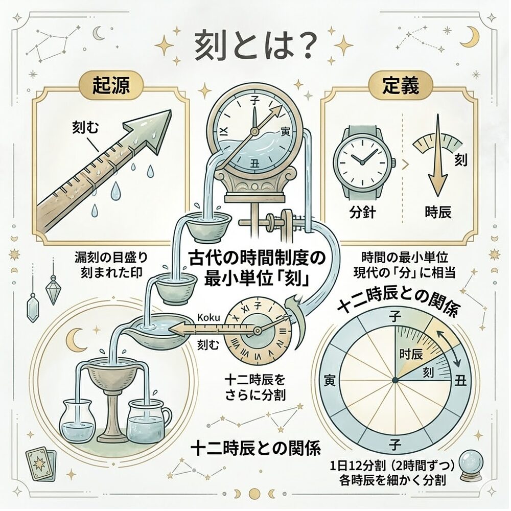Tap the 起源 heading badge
[111, 85]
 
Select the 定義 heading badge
[401, 85]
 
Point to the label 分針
[362, 213]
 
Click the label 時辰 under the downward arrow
[438, 213]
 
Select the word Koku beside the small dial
[209, 317]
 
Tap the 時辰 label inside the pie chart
[411, 354]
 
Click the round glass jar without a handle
[78, 423]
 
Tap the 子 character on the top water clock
[254, 101]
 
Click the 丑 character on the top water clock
[254, 163]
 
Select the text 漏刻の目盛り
[111, 258]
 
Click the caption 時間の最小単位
[405, 258]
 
